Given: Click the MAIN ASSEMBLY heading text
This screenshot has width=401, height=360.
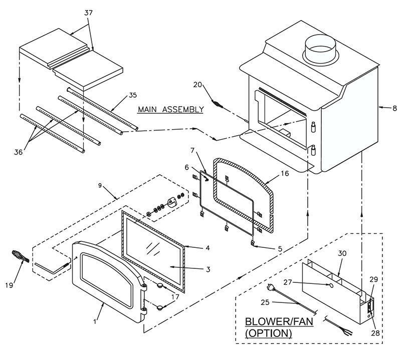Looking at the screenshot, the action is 171,109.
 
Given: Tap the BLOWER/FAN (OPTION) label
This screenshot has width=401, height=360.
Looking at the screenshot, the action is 279,327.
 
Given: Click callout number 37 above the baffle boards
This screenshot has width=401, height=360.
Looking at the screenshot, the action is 88,13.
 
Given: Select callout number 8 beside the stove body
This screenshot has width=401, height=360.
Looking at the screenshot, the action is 394,108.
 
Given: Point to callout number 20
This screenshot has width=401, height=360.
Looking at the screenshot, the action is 197,85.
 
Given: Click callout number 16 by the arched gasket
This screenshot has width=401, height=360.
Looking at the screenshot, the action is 285,173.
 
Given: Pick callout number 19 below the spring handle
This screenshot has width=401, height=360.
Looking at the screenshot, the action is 9,285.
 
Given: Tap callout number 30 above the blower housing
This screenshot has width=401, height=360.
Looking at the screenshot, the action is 342,253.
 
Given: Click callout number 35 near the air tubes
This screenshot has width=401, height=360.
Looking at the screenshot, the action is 133,95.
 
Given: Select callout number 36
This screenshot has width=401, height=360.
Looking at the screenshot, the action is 18,152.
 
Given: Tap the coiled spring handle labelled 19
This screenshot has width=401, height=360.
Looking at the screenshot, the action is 21,256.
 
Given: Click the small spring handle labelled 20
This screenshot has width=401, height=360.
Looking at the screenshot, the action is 217,104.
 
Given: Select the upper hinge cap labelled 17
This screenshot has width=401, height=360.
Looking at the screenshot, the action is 160,285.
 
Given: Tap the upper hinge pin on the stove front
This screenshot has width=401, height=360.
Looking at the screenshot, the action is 313,127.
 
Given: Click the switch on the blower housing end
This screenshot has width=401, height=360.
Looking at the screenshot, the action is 370,307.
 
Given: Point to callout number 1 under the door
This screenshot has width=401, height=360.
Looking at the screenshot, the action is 95,321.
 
